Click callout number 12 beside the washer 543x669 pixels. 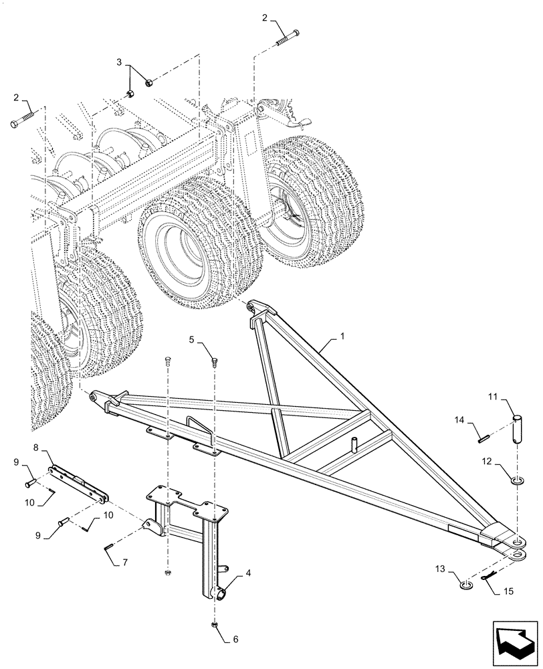coord(485,460)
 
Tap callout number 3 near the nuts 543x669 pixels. coord(120,62)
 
